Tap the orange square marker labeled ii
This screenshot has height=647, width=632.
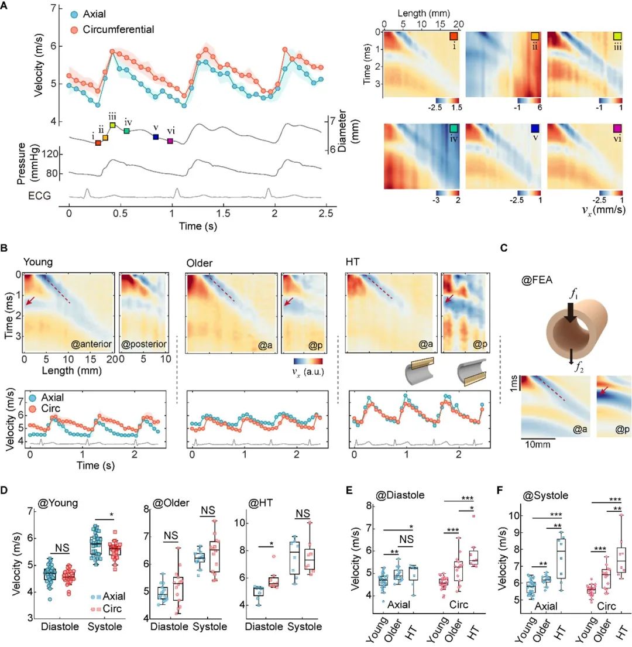pyautogui.click(x=105, y=138)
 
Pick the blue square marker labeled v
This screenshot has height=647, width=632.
pyautogui.click(x=156, y=137)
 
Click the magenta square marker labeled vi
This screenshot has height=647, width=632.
pyautogui.click(x=170, y=141)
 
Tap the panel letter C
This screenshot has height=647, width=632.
pyautogui.click(x=504, y=248)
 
